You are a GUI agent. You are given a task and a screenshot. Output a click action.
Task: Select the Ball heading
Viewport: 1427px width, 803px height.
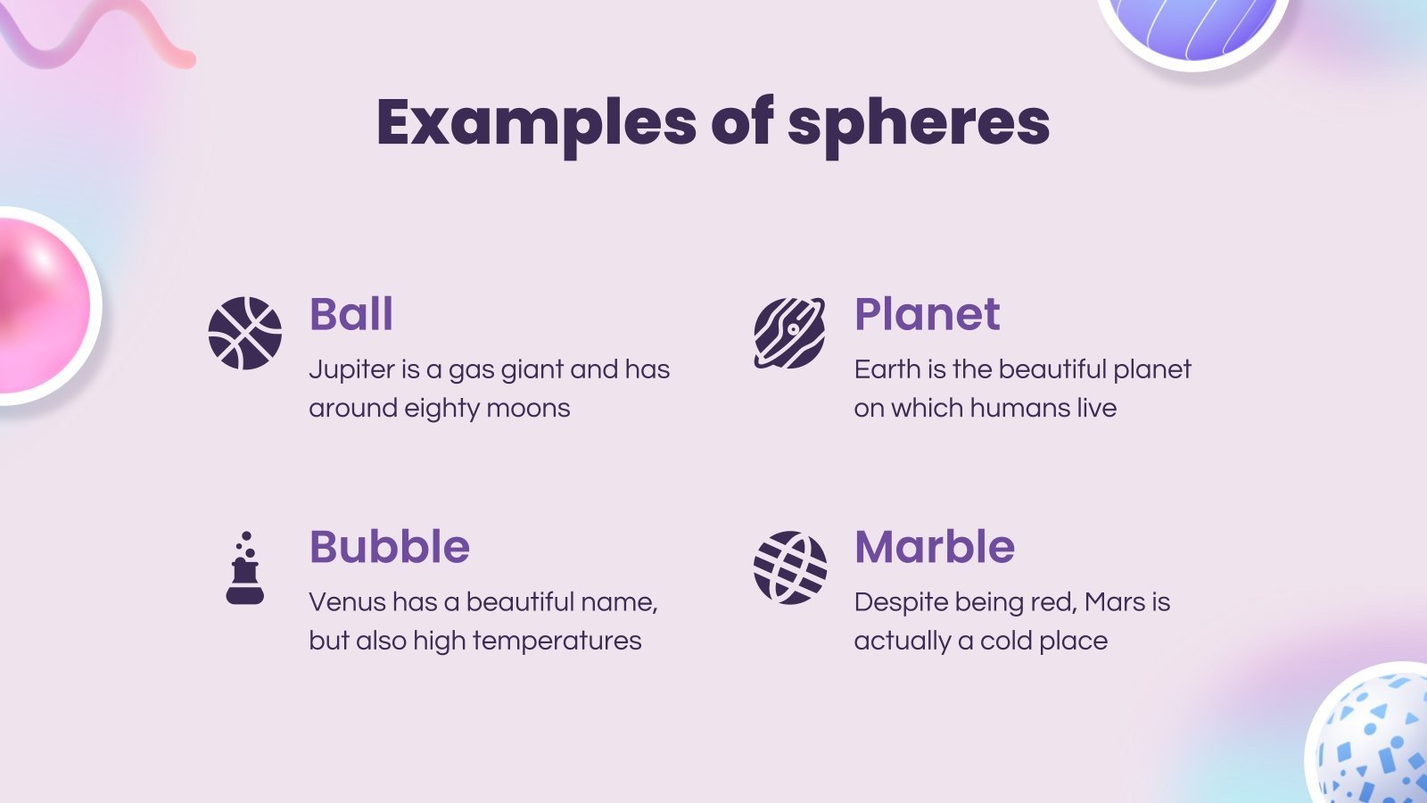tap(351, 314)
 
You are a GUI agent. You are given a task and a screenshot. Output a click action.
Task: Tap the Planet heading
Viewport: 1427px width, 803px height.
tap(927, 314)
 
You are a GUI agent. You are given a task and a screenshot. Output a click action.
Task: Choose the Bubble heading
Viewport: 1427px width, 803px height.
tap(389, 547)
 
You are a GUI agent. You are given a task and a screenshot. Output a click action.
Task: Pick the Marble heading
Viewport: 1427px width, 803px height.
tap(934, 547)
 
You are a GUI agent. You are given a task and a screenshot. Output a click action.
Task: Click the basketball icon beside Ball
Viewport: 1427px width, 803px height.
tap(245, 333)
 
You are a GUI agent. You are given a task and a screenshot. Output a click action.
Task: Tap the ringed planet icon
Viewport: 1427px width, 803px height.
tap(789, 333)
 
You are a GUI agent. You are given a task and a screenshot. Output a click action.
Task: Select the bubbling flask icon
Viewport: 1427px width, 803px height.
tap(245, 568)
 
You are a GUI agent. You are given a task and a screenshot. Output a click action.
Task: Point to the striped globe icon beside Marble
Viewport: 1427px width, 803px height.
tap(789, 567)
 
